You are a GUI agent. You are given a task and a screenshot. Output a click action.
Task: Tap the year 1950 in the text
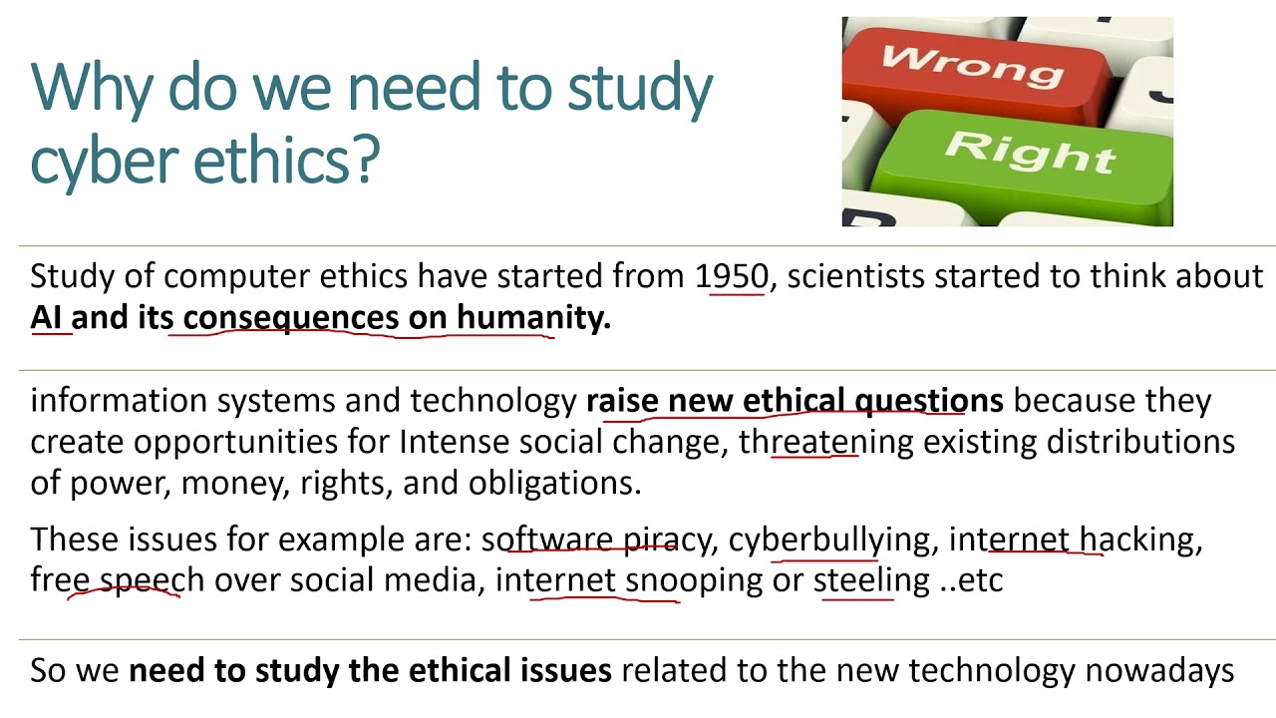[x=733, y=275]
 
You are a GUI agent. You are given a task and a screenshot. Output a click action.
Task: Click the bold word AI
[x=47, y=317]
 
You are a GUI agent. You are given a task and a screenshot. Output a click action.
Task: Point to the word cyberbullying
[x=829, y=539]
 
